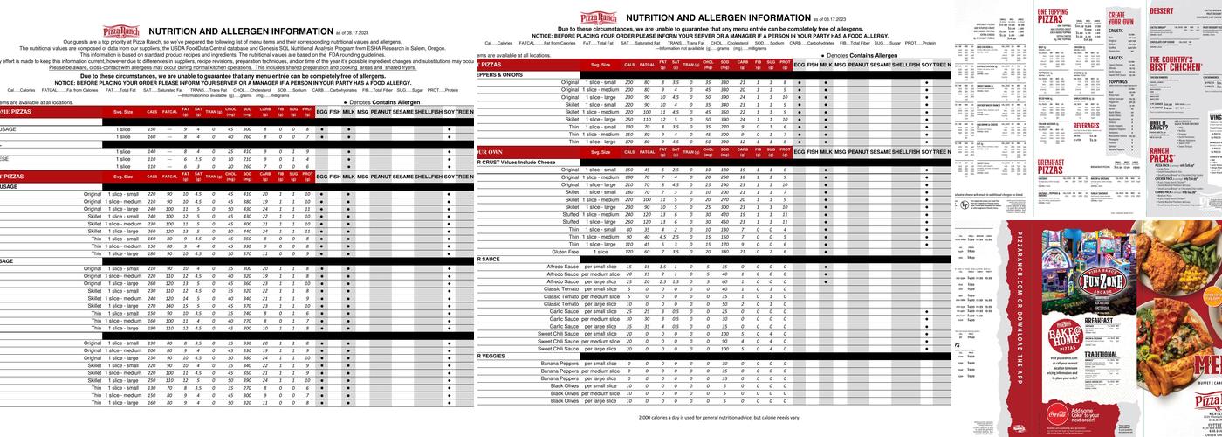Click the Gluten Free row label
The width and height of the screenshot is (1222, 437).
(x=565, y=252)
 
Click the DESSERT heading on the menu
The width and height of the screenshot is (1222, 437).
(x=1162, y=10)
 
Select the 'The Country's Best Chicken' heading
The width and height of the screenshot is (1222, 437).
(x=1170, y=62)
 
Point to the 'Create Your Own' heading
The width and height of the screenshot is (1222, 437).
(x=1121, y=18)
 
